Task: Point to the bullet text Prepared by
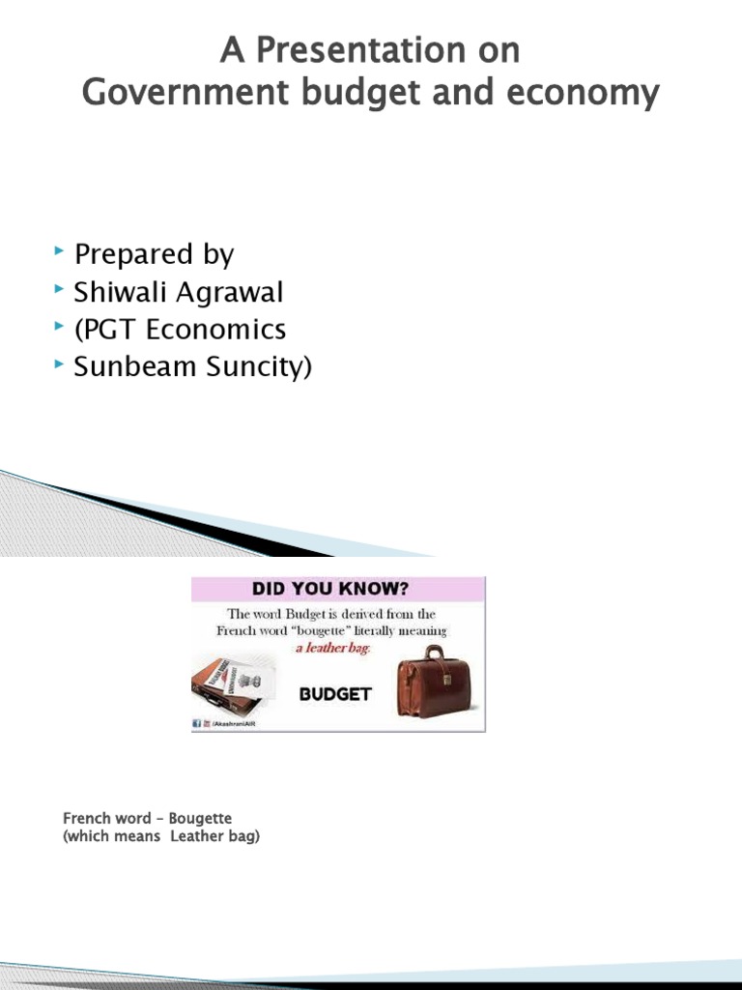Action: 155,254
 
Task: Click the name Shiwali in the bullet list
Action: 118,292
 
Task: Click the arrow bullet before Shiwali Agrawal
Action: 60,289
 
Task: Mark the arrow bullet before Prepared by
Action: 60,251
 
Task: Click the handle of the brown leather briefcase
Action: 436,653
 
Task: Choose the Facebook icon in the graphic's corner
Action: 197,723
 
